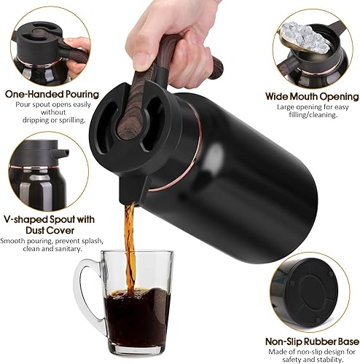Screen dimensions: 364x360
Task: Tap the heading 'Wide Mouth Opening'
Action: tap(313, 96)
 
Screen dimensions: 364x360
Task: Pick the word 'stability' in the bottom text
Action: tap(331, 357)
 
